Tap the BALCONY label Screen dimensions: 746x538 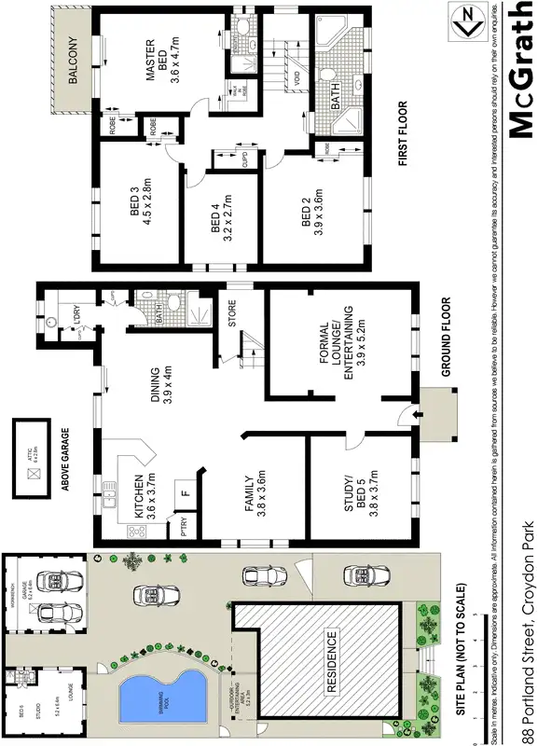pyautogui.click(x=72, y=62)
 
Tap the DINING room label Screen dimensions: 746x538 pyautogui.click(x=162, y=387)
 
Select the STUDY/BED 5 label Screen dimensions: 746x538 pyautogui.click(x=356, y=504)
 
